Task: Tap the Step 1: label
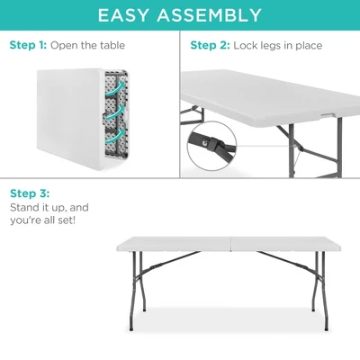(x=27, y=45)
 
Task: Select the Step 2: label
(x=210, y=45)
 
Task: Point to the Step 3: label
(x=29, y=193)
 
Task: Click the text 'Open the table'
(x=88, y=45)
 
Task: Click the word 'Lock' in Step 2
(x=246, y=45)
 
